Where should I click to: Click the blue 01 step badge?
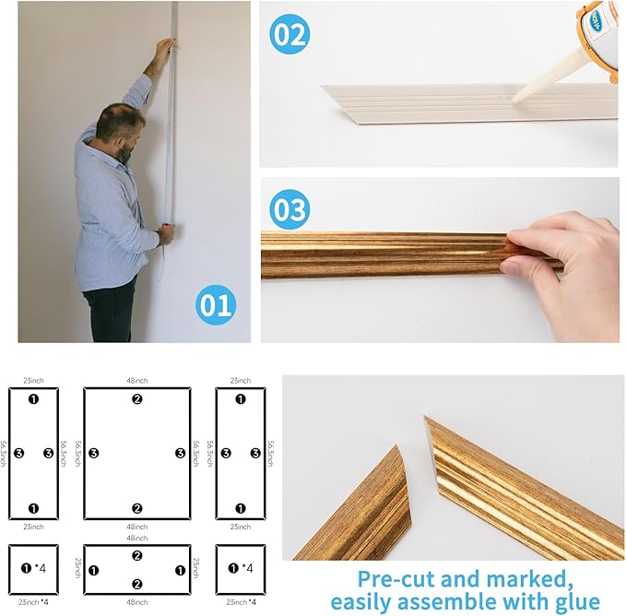coord(215,305)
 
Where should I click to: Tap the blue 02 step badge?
coord(289,35)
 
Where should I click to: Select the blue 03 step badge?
coord(289,209)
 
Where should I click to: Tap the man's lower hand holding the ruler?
coord(166,235)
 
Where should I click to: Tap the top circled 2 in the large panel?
coord(136,399)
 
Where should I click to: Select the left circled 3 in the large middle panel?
coord(93,454)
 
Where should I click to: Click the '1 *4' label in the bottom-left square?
coord(33,568)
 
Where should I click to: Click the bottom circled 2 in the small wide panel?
coord(136,584)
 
